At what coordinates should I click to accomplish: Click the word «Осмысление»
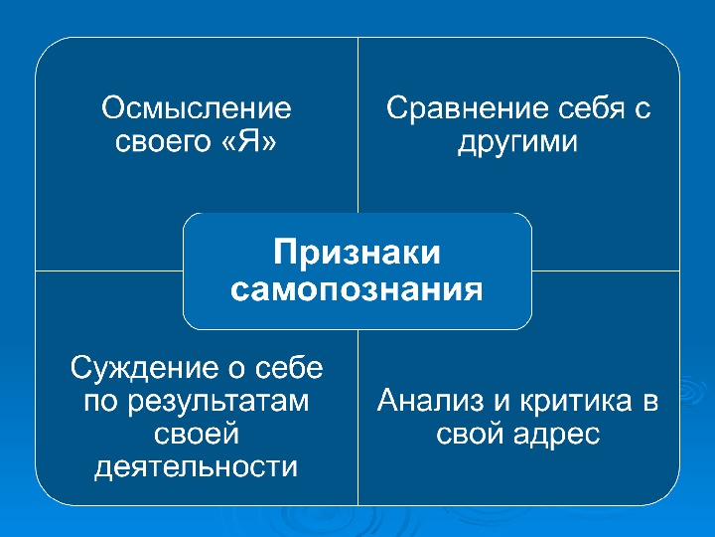coord(196,108)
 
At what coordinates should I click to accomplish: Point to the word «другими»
coord(517,142)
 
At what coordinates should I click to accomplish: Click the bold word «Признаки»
coord(357,252)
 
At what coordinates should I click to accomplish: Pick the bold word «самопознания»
coord(357,289)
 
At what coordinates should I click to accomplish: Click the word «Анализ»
coord(430,401)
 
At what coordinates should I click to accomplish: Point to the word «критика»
coord(576,401)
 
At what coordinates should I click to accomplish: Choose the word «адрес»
coord(557,435)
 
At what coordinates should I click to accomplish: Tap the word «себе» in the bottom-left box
coord(289,368)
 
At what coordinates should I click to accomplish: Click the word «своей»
coord(196,435)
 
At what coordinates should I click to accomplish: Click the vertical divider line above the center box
coord(357,125)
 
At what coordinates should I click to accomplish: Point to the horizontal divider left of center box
coord(109,270)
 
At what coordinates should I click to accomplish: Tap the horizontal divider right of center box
coord(606,270)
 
